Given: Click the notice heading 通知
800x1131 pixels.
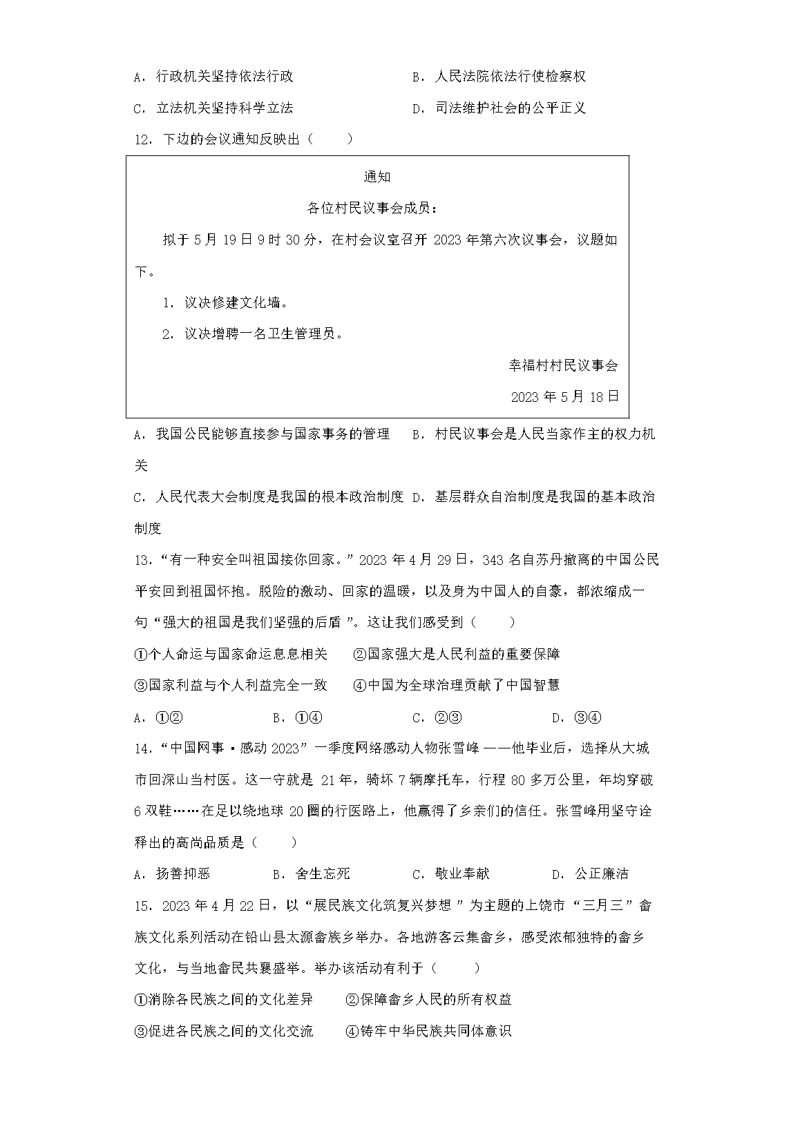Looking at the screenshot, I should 377,177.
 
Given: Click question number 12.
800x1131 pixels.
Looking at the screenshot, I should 142,139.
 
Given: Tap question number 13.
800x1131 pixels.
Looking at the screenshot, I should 142,559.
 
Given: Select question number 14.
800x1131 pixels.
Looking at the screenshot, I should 142,748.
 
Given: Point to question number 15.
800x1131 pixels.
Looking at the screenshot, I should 142,905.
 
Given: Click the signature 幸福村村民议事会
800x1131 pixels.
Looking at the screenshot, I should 563,365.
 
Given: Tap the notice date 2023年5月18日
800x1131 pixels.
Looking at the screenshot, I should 564,396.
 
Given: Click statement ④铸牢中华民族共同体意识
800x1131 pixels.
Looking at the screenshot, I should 428,1032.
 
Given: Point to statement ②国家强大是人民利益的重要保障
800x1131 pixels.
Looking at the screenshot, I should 456,654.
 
